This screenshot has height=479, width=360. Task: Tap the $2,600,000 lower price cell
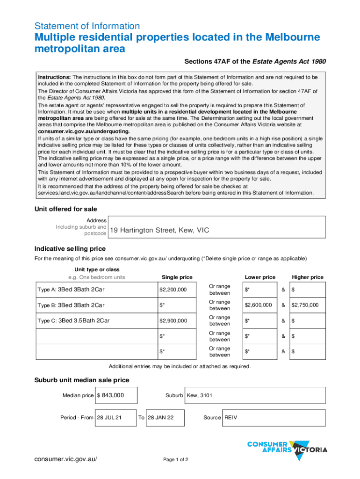pos(258,305)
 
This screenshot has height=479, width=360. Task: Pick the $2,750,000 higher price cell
pos(305,305)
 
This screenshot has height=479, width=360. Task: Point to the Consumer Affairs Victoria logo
pos(287,448)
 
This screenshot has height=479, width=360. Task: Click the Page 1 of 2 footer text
pos(175,459)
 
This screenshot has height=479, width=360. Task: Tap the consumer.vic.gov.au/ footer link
pos(68,459)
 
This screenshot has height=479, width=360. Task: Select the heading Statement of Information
pos(87,26)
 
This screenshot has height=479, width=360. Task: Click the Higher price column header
pos(307,277)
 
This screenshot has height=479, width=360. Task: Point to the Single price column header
pos(177,277)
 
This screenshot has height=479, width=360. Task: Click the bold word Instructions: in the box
pos(54,77)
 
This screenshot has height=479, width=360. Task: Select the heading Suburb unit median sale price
pos(82,380)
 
